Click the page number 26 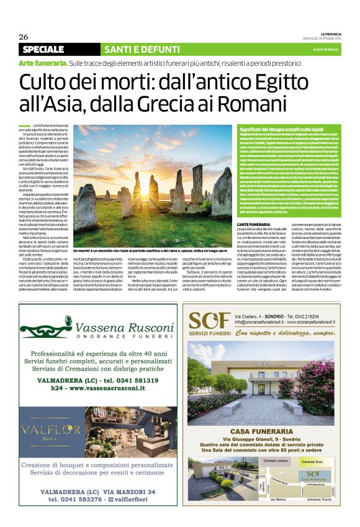[24, 37]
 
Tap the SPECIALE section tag [43, 49]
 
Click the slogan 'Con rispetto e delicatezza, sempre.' [277, 332]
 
